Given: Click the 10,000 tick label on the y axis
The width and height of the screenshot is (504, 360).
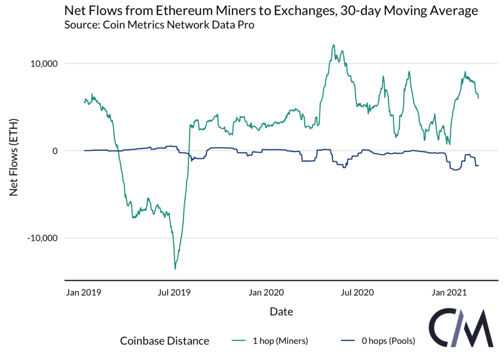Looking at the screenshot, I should coord(43,64).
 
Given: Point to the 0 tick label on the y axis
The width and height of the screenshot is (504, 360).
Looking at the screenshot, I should coord(54,151).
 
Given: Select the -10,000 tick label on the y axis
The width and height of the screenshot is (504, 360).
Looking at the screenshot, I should coord(42,238).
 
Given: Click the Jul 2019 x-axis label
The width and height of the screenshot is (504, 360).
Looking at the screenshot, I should coord(174,293).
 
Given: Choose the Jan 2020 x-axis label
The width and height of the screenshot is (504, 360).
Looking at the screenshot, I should coord(266,293).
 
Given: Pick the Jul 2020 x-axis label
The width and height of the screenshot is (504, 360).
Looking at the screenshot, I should coord(357,293).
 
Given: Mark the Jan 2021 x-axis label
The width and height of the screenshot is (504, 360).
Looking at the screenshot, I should coord(449,293).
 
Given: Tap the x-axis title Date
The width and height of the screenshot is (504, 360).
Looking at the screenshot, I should coord(281,312).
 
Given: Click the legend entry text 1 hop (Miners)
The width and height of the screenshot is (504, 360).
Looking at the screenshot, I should coord(280,341).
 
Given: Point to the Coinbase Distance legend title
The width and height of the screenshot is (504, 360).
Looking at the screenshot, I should coord(164,341).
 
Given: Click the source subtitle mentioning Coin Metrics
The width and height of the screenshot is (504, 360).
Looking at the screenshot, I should coord(159,25).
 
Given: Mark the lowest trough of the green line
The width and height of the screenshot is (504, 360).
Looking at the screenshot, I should coord(175,269).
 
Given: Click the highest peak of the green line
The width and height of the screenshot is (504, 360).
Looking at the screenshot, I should coord(334,45).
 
